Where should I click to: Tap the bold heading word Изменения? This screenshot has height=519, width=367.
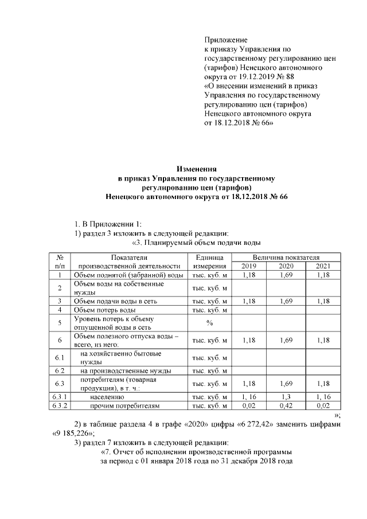(196, 169)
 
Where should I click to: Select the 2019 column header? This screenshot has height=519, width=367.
(249, 266)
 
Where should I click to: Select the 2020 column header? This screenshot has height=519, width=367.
(286, 266)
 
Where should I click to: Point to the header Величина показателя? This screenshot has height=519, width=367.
(286, 257)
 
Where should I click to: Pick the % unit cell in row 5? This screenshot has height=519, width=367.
(210, 322)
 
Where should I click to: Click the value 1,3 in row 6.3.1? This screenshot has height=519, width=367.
(286, 396)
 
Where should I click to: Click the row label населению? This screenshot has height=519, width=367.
(107, 396)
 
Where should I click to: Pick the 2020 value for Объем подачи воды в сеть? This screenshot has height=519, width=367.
(286, 301)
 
